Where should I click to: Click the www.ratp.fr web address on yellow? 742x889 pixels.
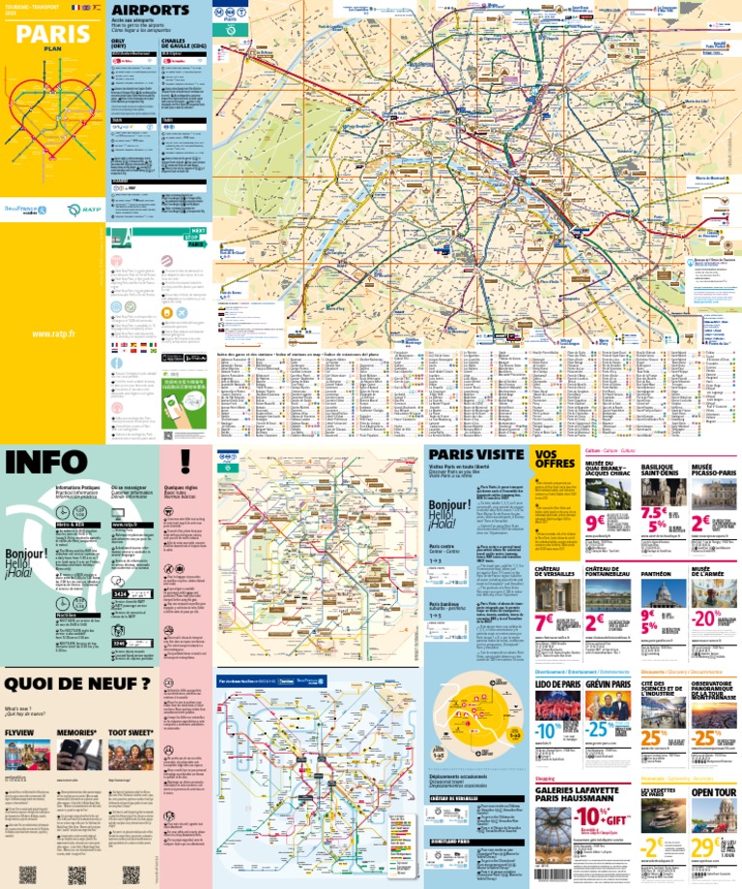(53, 334)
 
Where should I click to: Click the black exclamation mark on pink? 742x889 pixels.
(185, 462)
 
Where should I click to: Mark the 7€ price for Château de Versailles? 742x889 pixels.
(544, 622)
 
